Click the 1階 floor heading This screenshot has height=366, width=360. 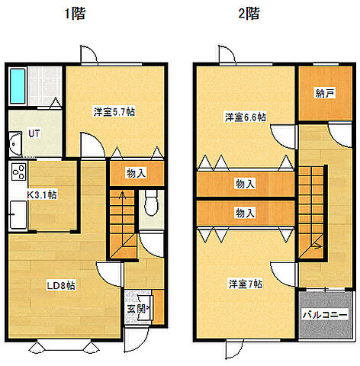pos(75,14)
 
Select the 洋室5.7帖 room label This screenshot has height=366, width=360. pos(114,112)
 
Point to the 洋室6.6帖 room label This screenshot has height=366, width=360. pos(245,117)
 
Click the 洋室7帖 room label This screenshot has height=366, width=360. pos(245,284)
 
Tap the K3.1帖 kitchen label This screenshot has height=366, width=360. pos(42,195)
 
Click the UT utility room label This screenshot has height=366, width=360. pos(34,133)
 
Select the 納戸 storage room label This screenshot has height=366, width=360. pos(324,93)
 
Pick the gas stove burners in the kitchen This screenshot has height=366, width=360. pos(18,172)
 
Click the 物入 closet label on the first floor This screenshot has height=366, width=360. pos(137,174)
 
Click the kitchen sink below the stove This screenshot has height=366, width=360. pos(17,214)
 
